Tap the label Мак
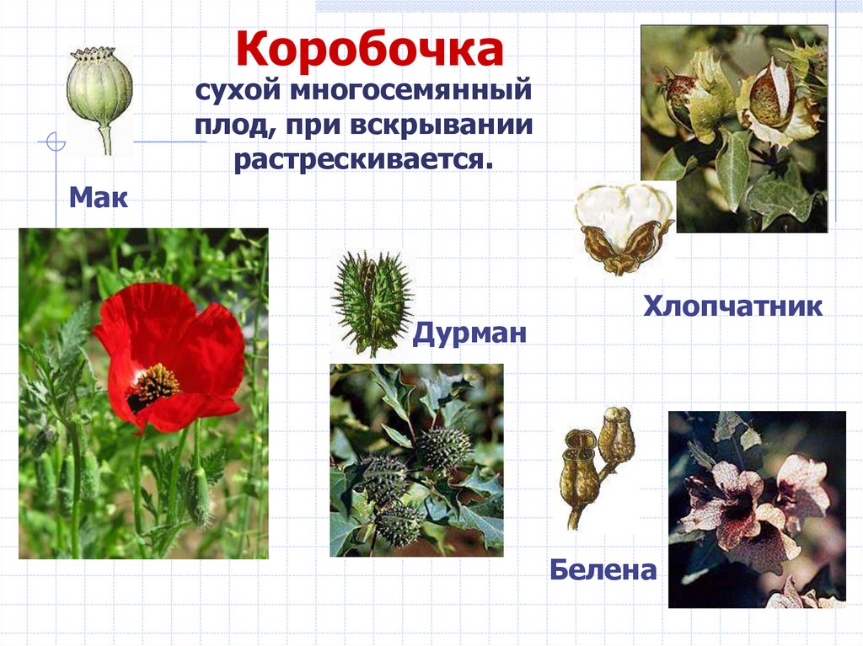tap(99, 199)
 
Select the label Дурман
tap(469, 334)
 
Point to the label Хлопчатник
tap(732, 305)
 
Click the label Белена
tap(603, 570)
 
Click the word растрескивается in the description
tap(362, 158)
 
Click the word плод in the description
tap(228, 125)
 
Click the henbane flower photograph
tap(756, 509)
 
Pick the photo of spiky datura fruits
tap(416, 459)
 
